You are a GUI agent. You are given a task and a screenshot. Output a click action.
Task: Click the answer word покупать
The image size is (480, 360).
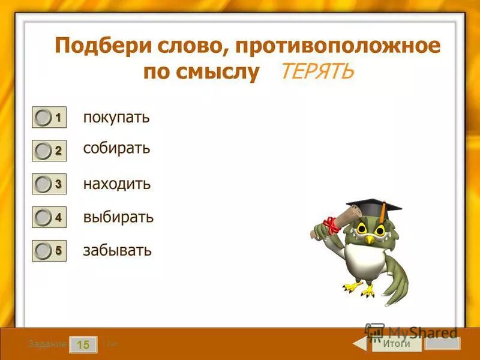point(116,118)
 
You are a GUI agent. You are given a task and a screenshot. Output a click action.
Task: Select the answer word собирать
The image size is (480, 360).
point(116,148)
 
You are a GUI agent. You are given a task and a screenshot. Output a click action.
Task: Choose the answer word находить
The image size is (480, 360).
point(117,184)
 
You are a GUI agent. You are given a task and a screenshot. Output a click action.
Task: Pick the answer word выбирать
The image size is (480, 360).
point(118,217)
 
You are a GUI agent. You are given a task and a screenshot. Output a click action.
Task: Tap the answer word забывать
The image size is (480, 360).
point(118,250)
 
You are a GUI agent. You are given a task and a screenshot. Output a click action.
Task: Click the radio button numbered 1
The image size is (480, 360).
point(43,118)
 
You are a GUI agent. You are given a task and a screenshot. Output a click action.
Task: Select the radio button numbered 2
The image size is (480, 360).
point(43,151)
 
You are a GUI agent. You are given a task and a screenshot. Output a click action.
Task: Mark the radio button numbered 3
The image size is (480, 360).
point(43,185)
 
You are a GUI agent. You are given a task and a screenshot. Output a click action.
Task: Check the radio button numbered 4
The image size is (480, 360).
point(43,218)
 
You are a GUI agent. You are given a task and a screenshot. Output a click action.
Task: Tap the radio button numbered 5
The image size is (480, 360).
point(43,251)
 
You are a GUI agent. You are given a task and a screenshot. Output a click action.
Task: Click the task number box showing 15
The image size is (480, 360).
point(83,344)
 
